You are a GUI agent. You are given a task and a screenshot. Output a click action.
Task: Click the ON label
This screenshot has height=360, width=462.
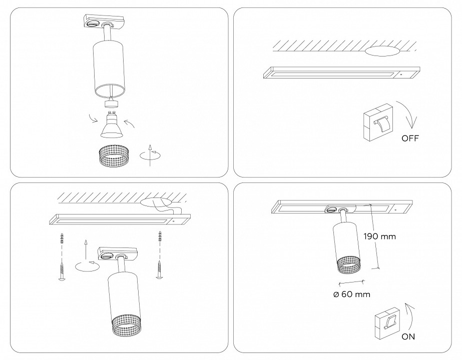click(x=408, y=336)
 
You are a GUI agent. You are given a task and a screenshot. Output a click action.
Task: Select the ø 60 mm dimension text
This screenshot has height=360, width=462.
click(x=351, y=294)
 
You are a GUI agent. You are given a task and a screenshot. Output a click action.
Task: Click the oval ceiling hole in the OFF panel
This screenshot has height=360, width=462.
click(x=382, y=51)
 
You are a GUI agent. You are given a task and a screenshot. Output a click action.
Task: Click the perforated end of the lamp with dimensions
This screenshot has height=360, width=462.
click(x=346, y=265)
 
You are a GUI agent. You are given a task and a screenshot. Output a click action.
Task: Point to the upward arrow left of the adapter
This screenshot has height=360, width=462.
click(x=86, y=248)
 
